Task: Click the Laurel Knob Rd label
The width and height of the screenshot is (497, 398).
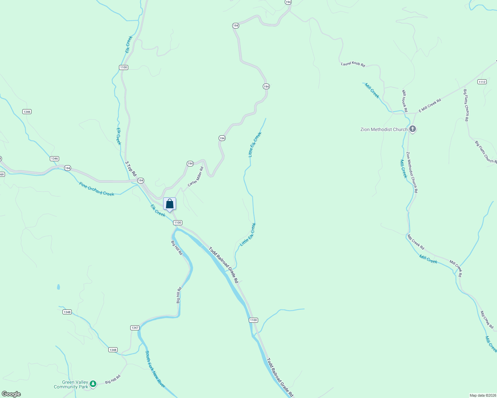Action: tap(353, 64)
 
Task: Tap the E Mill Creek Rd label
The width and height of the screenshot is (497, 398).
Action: tap(430, 105)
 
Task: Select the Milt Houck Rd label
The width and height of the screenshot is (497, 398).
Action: tap(404, 100)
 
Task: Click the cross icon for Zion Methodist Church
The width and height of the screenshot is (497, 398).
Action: tap(413, 129)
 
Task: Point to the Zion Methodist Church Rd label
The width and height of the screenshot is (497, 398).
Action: tap(412, 172)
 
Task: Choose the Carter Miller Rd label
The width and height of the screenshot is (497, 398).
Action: tap(195, 177)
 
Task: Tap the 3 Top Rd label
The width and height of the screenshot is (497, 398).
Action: tap(131, 168)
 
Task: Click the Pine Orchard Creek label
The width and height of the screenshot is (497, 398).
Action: tap(97, 189)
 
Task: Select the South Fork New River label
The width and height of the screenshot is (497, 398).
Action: tap(155, 369)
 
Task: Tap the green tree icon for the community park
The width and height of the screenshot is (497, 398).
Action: tap(93, 384)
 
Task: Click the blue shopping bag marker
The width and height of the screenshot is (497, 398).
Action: tap(169, 204)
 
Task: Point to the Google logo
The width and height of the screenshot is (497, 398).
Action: tap(11, 394)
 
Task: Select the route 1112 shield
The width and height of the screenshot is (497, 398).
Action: tap(482, 82)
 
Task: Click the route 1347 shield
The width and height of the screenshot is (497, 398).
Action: tap(135, 328)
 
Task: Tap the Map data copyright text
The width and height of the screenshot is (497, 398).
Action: tap(483, 395)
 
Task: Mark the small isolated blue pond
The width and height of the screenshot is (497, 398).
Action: tap(58, 287)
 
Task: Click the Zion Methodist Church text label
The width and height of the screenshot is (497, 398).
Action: tap(384, 129)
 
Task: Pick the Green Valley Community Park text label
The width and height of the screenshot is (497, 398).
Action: tap(71, 384)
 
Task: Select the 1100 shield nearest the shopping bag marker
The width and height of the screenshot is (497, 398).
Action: tap(178, 223)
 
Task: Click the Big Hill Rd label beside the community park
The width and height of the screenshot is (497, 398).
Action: tap(113, 379)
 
